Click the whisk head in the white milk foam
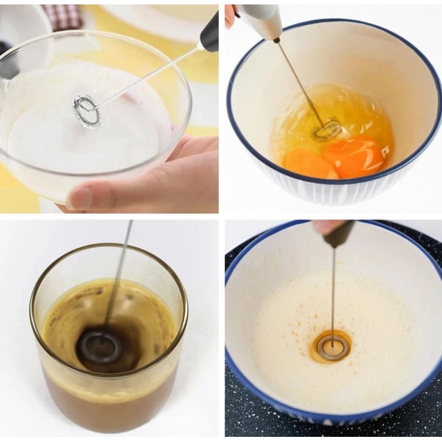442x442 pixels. point(86,111)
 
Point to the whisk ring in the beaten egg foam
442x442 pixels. point(331,347)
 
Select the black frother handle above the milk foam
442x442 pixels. point(210,34)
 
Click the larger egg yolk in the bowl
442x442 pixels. point(354,157)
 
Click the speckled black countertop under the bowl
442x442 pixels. point(243,413)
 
